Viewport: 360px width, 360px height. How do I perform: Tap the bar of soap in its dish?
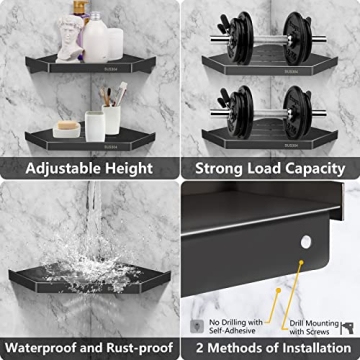[67, 127]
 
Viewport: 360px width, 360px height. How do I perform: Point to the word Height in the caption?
[131, 169]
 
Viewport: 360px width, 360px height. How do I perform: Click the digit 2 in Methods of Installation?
[200, 348]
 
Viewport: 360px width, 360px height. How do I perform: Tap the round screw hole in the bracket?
[299, 266]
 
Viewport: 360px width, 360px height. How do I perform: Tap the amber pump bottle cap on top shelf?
[81, 9]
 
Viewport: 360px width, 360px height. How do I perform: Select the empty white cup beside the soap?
[94, 124]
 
